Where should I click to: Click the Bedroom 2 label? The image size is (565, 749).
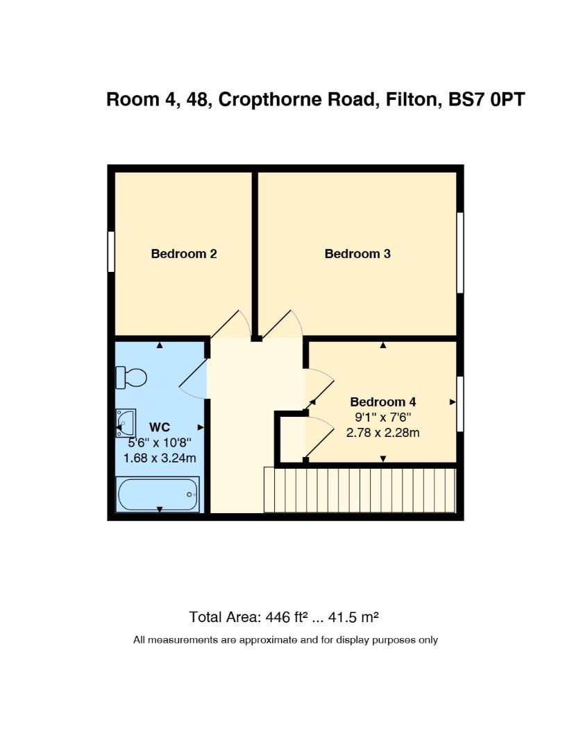[x=183, y=254]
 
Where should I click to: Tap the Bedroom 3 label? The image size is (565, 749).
[x=357, y=254]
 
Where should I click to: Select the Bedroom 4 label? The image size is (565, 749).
[x=383, y=402]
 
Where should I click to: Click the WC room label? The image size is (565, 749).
[x=160, y=427]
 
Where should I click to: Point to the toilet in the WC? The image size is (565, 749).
[x=131, y=377]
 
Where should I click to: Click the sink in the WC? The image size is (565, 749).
[x=126, y=423]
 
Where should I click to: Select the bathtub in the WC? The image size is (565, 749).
[x=158, y=494]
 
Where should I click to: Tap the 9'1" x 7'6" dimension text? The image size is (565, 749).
[x=383, y=417]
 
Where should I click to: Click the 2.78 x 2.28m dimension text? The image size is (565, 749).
[x=383, y=433]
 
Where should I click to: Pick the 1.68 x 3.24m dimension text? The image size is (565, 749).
[x=160, y=458]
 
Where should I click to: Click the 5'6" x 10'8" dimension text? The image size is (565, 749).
[x=160, y=442]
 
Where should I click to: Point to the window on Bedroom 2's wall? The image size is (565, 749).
[x=111, y=252]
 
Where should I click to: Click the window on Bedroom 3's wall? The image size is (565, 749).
[x=460, y=252]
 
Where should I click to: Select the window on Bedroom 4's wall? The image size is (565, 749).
[x=460, y=404]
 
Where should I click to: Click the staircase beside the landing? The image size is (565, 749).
[x=360, y=490]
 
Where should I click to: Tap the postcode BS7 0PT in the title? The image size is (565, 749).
[x=487, y=99]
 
